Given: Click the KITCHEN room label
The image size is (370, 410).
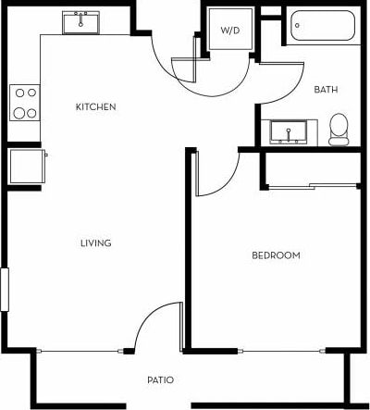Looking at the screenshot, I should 95,107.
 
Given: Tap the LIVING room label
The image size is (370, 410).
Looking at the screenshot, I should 95,243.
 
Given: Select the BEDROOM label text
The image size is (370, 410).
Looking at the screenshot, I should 276,255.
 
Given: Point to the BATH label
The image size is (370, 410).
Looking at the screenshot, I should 326,90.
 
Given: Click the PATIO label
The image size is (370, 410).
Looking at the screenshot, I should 161,380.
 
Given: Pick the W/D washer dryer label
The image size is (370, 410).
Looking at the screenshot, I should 229,31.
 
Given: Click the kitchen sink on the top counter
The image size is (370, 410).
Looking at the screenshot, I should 81,22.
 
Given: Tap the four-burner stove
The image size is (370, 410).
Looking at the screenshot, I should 24,103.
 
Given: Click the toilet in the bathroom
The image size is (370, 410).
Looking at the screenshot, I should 339,129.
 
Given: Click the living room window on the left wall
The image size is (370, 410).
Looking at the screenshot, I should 4,290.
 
